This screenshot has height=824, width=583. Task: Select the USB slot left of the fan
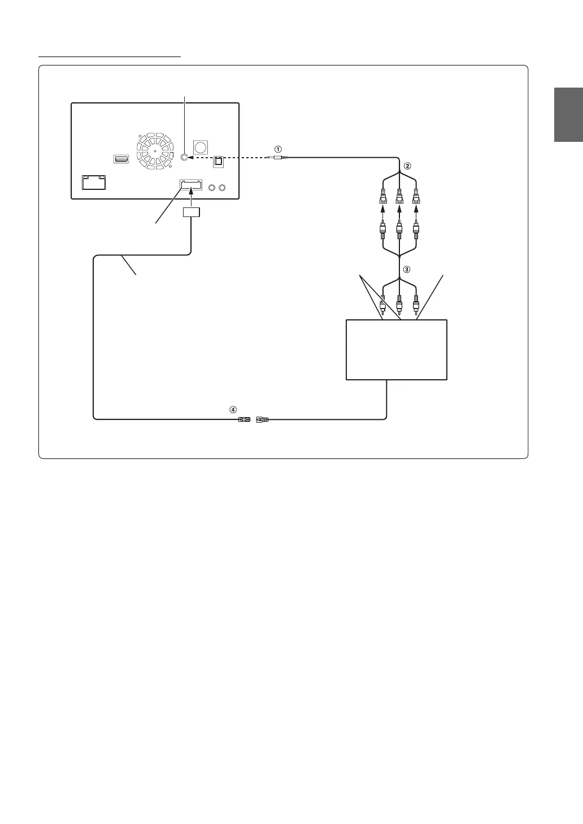[121, 159]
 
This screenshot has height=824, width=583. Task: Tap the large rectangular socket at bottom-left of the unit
[94, 183]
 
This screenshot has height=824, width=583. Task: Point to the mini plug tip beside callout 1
[279, 158]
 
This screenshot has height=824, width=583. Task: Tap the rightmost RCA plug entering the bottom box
[416, 305]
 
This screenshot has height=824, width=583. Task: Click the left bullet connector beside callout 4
[244, 419]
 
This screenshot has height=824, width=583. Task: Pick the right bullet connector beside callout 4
[263, 419]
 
